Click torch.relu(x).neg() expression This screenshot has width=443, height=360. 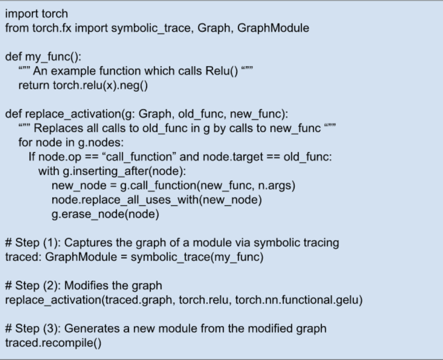pyautogui.click(x=100, y=85)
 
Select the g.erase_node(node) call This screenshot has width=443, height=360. pyautogui.click(x=105, y=214)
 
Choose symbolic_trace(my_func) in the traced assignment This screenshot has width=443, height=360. pyautogui.click(x=197, y=257)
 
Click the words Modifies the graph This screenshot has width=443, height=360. pyautogui.click(x=113, y=285)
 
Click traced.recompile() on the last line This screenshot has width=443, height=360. pyautogui.click(x=53, y=343)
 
